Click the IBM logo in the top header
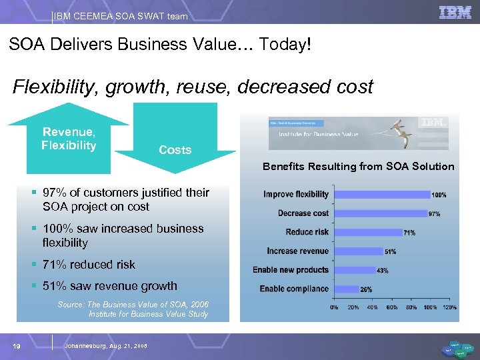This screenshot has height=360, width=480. [x=455, y=12]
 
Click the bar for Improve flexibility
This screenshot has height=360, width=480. [x=381, y=195]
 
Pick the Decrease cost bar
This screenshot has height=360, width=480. [x=379, y=213]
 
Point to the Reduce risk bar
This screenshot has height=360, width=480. [x=366, y=233]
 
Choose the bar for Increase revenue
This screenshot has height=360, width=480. [x=357, y=251]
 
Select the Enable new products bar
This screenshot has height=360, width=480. [x=353, y=270]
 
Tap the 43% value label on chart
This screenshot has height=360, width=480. [x=383, y=271]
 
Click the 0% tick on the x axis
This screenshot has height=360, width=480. [x=334, y=307]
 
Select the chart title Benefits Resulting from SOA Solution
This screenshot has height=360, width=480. [x=358, y=166]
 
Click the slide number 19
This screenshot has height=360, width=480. [x=17, y=345]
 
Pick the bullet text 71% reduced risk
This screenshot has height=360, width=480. [x=89, y=265]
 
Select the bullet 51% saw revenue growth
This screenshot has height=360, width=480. [x=110, y=286]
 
